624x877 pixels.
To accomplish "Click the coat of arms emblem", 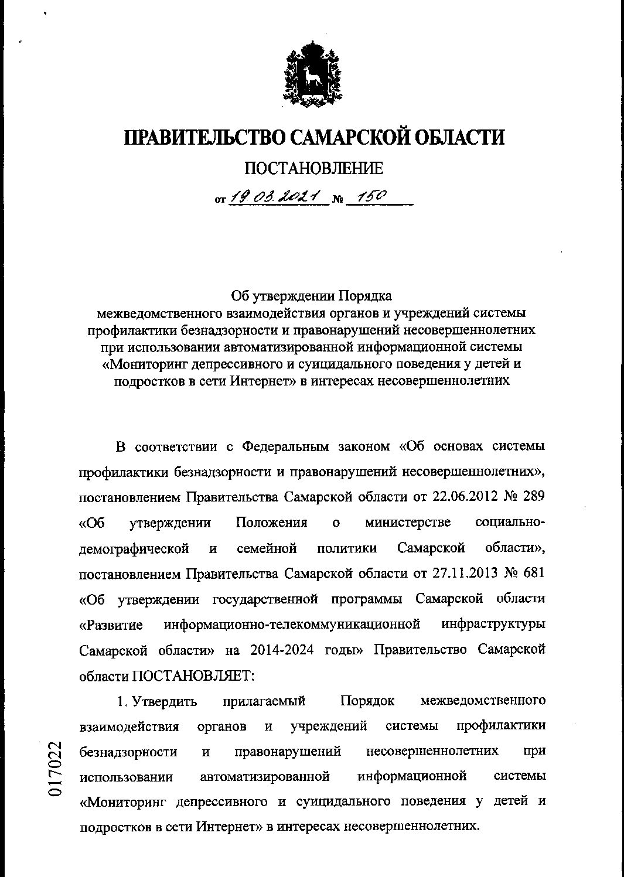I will (x=312, y=77).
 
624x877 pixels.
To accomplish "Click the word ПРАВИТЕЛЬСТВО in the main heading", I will (x=206, y=137).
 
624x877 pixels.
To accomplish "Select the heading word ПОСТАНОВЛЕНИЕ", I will (x=313, y=169).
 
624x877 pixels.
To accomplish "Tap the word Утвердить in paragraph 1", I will (x=165, y=701).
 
